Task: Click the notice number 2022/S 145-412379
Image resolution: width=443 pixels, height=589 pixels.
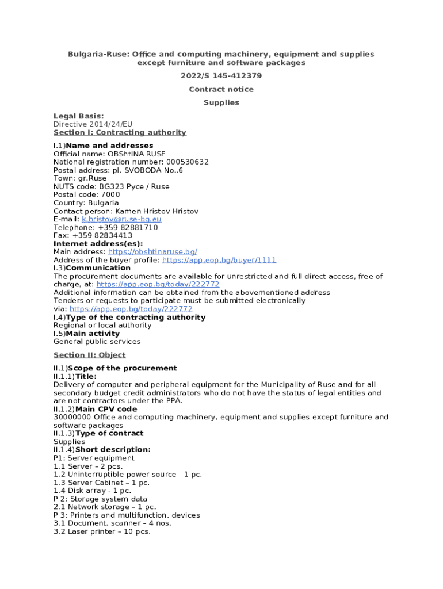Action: click(x=221, y=76)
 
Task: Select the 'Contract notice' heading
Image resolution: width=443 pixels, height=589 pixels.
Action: click(x=221, y=89)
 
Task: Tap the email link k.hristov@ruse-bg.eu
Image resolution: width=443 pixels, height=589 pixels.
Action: click(x=121, y=219)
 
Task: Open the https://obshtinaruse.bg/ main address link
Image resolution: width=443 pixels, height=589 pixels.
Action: click(x=152, y=252)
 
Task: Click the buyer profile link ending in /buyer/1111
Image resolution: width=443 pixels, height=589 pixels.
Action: click(x=219, y=260)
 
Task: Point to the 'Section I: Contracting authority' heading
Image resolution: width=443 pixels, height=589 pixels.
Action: click(x=120, y=132)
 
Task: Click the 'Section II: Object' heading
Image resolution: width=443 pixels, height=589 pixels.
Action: click(x=89, y=355)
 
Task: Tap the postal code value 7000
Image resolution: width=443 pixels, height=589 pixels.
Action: click(x=110, y=194)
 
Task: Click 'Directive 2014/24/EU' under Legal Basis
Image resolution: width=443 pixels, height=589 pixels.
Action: click(x=89, y=124)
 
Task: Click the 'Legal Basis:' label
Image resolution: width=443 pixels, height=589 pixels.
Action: click(x=79, y=116)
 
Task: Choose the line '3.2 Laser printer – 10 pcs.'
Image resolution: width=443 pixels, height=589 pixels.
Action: click(x=102, y=531)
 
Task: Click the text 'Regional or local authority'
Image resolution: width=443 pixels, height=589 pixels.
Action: click(x=102, y=325)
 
